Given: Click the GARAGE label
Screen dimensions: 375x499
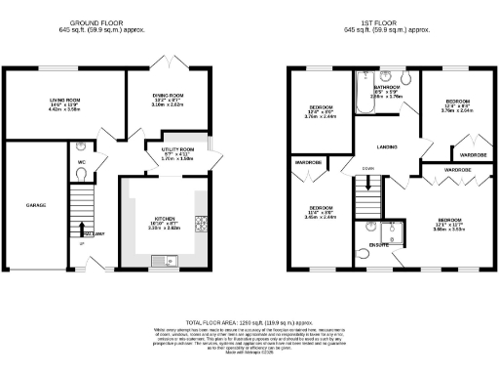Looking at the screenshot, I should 22,205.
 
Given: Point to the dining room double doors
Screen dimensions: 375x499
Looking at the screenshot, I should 169,62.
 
